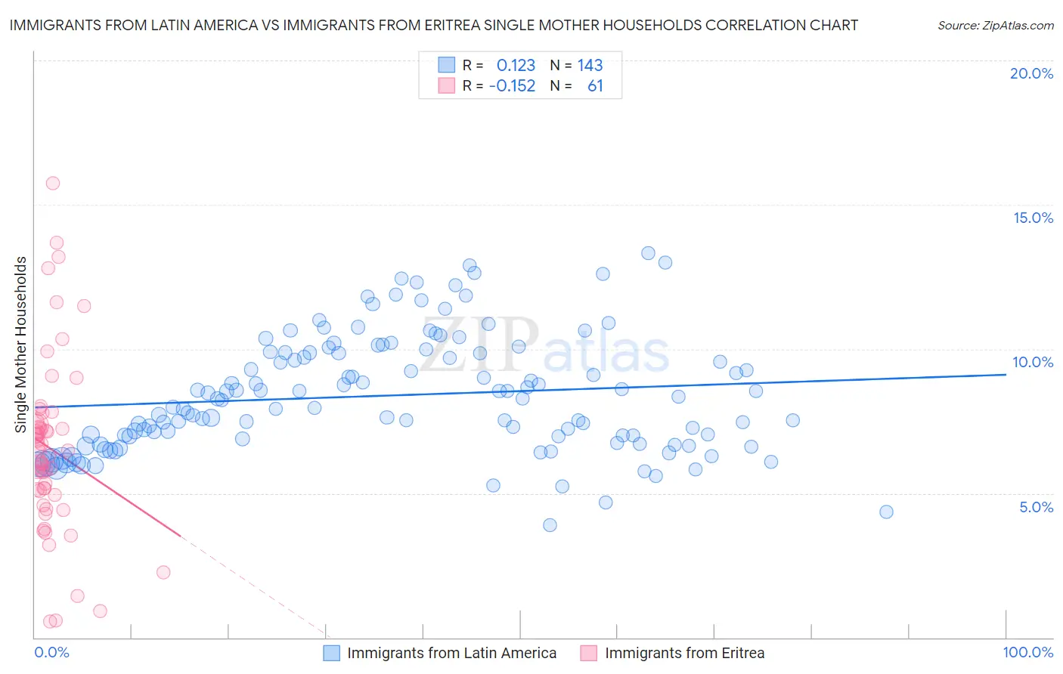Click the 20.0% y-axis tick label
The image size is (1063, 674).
1031,73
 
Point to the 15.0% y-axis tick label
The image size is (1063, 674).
1033,218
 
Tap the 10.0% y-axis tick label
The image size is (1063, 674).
1033,362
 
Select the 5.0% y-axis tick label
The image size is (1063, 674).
1036,506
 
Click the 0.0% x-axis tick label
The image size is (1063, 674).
51,652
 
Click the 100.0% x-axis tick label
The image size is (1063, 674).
1027,652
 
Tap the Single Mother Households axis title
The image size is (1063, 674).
20,345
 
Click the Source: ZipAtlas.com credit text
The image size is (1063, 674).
995,25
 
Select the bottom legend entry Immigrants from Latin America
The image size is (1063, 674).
451,653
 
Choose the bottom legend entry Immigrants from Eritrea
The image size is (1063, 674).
684,653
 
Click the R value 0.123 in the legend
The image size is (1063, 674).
516,65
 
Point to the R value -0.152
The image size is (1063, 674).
512,85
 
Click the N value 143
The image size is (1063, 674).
590,65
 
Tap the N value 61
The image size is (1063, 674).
595,85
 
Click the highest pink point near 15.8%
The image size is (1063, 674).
52,183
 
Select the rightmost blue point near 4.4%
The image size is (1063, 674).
886,512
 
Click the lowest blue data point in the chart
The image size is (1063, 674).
550,524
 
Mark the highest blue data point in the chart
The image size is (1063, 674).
648,253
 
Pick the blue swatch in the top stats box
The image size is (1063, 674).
447,65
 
